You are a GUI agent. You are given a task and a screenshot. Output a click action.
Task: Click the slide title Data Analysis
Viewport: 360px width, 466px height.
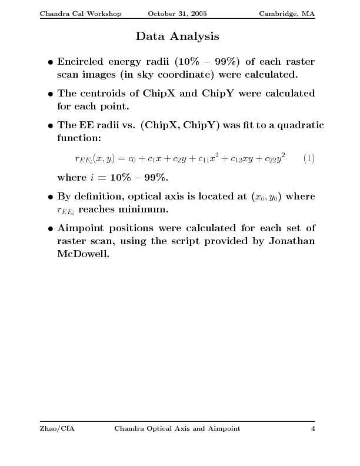coord(177,37)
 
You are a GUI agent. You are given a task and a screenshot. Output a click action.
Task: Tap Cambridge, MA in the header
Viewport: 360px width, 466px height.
coord(286,14)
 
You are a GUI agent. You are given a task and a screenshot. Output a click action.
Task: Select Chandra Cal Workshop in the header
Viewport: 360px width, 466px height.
coord(80,14)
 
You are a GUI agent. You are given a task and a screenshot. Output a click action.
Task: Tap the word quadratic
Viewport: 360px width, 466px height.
coord(298,125)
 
